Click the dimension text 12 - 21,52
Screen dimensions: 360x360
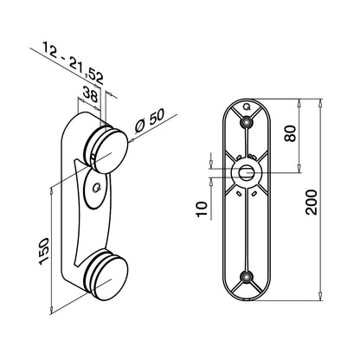pyautogui.click(x=72, y=67)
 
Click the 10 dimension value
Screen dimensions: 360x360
pyautogui.click(x=202, y=209)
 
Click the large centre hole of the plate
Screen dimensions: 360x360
pyautogui.click(x=248, y=173)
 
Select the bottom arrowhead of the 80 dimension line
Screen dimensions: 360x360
pyautogui.click(x=299, y=170)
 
